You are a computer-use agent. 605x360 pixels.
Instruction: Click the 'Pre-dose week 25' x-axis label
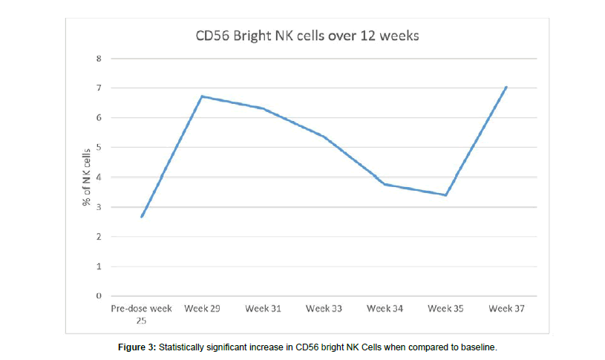click(x=141, y=313)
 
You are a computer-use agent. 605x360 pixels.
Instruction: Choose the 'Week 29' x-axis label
click(x=202, y=309)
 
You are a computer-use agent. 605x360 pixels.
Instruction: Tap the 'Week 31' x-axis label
click(x=263, y=309)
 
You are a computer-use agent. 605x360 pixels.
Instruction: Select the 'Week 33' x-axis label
click(x=324, y=309)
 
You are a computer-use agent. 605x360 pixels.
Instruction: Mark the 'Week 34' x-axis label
click(x=385, y=309)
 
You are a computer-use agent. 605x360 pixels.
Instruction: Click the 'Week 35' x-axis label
click(x=445, y=309)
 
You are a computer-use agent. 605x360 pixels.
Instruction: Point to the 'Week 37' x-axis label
click(x=506, y=309)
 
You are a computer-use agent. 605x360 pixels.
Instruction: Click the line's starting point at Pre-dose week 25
click(x=141, y=217)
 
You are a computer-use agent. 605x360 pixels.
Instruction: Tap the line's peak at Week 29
click(x=202, y=96)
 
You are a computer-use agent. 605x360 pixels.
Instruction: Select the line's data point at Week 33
click(x=324, y=137)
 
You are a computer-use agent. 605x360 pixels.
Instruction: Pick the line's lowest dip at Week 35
click(x=445, y=195)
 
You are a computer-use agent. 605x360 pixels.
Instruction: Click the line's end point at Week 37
click(x=506, y=87)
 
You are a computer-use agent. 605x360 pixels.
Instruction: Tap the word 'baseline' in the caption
click(x=477, y=347)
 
